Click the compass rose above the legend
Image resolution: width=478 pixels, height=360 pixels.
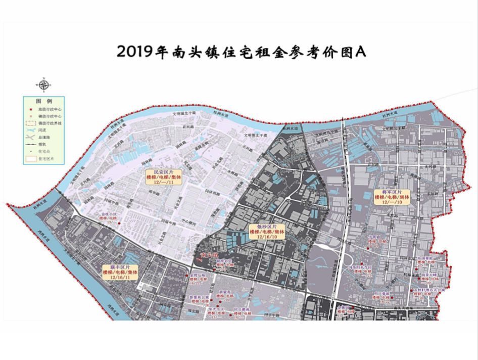pos(44,84)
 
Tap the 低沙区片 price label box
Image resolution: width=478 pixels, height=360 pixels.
pos(267,231)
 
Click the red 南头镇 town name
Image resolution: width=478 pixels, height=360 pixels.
pos(209,255)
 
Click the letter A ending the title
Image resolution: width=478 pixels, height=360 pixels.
pos(360,52)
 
